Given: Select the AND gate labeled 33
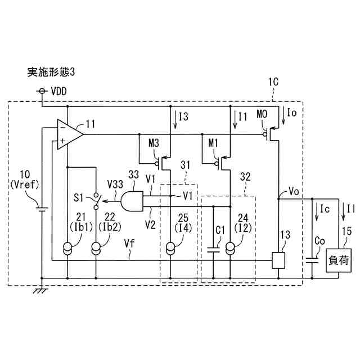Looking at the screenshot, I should pyautogui.click(x=132, y=199).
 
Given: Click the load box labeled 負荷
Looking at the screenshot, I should pyautogui.click(x=340, y=260).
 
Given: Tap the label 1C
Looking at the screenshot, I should pyautogui.click(x=274, y=81).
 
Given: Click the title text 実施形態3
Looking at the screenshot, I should pyautogui.click(x=51, y=71).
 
